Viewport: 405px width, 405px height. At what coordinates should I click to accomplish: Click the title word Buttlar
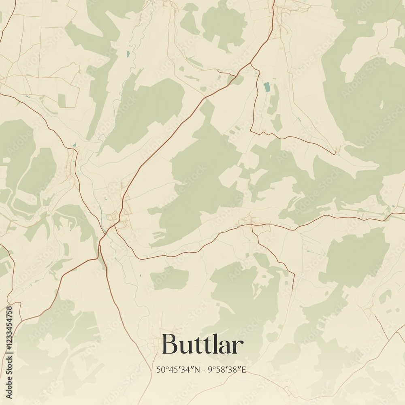(202, 345)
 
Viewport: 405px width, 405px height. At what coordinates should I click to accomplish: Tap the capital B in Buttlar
(170, 345)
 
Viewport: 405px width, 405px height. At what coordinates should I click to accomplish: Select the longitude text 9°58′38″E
(227, 369)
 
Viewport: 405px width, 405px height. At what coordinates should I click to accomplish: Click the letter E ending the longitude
(244, 369)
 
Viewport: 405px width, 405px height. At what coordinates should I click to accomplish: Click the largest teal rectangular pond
(266, 87)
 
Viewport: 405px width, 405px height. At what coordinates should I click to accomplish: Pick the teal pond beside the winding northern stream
(128, 53)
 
